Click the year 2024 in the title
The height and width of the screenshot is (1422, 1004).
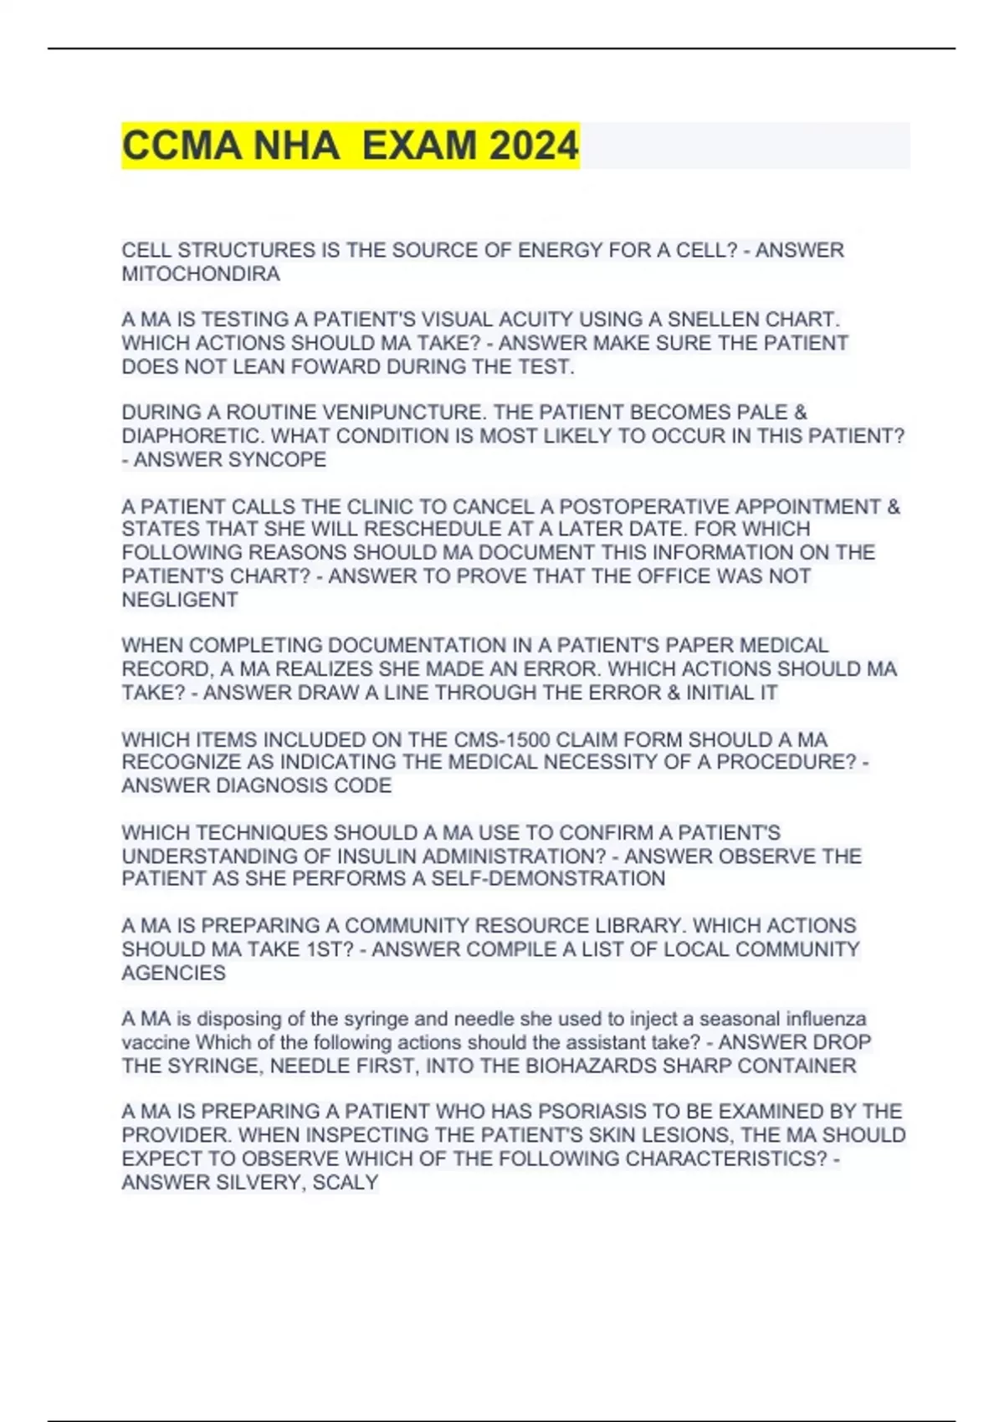pos(534,146)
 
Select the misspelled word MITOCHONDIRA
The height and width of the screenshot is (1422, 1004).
pos(201,274)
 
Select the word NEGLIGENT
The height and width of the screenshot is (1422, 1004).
pos(180,600)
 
